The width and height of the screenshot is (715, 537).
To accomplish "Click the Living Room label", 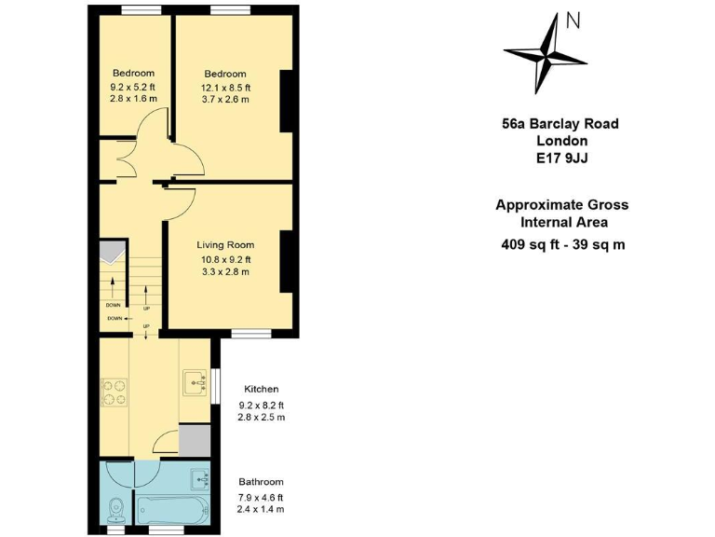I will pyautogui.click(x=224, y=245).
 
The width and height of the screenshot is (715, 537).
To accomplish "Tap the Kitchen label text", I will pyautogui.click(x=261, y=389).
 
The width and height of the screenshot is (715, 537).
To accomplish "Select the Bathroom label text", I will pyautogui.click(x=261, y=482).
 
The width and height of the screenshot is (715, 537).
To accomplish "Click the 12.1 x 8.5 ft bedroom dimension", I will pyautogui.click(x=225, y=88).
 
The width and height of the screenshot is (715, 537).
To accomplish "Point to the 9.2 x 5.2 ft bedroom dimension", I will pyautogui.click(x=133, y=87).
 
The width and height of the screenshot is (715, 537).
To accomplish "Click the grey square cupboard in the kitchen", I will pyautogui.click(x=195, y=440).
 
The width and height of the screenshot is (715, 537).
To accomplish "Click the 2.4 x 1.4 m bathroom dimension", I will pyautogui.click(x=261, y=509).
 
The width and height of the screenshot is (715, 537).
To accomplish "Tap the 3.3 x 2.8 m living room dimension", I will pyautogui.click(x=224, y=272).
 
